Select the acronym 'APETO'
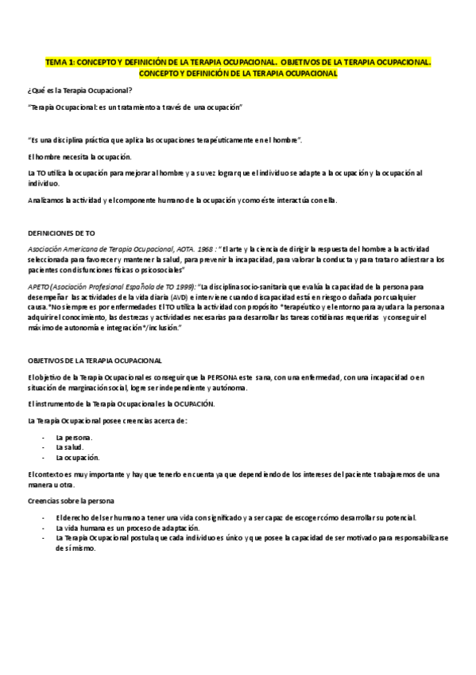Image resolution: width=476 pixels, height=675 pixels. (39, 286)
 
